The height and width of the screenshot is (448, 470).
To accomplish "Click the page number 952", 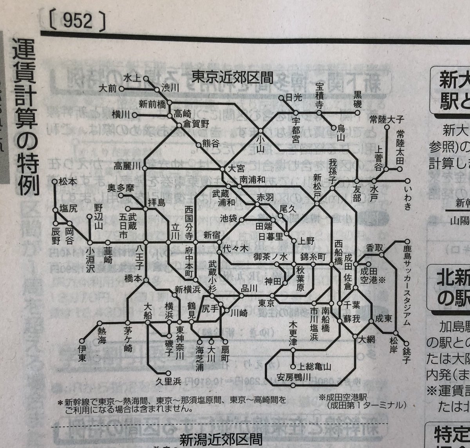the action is coord(77,22).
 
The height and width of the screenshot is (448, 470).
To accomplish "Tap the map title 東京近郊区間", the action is coord(233,77).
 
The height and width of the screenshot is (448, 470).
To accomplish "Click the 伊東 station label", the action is coord(81,354).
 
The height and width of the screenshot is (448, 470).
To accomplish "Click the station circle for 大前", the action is coord(121,89).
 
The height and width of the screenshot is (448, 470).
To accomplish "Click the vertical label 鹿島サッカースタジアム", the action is coord(406,286).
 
